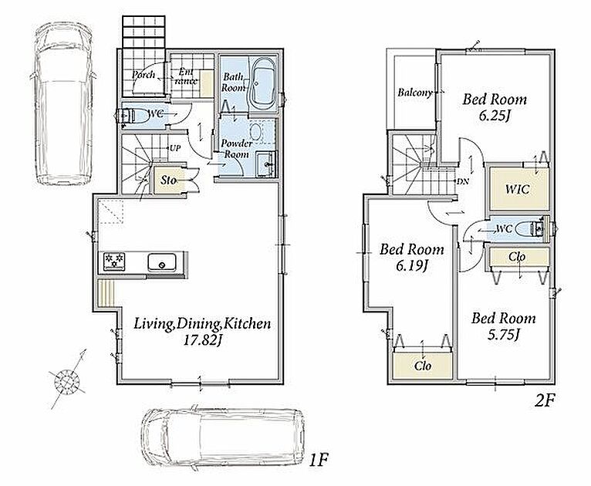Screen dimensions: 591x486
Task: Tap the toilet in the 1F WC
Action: [x=132, y=116]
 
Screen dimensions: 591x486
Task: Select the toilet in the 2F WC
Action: [x=530, y=228]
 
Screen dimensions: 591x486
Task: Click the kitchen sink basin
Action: [x=162, y=262]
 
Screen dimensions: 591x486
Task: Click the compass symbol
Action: [x=67, y=383]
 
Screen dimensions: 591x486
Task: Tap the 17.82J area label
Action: [x=202, y=341]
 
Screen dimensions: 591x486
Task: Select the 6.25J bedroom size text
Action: [x=495, y=116]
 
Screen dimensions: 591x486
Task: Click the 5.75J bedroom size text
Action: [x=503, y=335]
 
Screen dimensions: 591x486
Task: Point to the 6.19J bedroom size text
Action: [x=411, y=266]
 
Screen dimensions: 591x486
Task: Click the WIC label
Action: [x=517, y=189]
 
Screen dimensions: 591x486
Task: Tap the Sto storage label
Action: [x=168, y=181]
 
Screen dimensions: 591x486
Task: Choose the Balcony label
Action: [x=415, y=93]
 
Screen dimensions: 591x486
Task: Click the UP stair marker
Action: [x=175, y=148]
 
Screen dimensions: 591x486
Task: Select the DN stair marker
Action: [x=462, y=181]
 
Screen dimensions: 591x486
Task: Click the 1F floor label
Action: [x=319, y=461]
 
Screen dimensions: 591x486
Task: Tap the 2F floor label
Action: [x=544, y=401]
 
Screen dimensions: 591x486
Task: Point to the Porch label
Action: [x=144, y=75]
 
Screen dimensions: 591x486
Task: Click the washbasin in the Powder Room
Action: [x=267, y=164]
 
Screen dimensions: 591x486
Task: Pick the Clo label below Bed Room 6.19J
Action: [x=423, y=366]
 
